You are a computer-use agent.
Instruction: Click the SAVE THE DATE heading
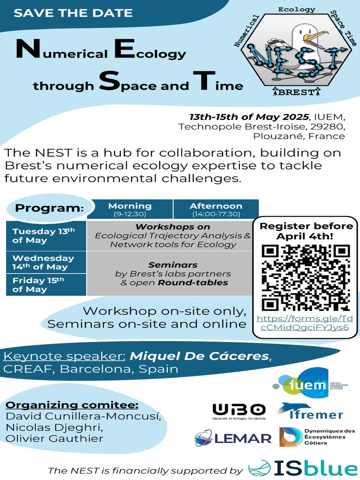73,13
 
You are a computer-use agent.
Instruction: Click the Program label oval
49,208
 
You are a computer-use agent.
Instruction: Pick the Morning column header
130,209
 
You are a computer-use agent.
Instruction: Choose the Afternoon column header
216,209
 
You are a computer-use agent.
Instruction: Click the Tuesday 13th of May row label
43,235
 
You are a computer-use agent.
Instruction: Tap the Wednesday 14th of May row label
43,262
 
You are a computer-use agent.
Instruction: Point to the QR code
306,277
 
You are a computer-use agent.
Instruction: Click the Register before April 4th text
306,231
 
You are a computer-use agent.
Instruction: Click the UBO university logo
239,411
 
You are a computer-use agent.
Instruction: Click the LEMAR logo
233,438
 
